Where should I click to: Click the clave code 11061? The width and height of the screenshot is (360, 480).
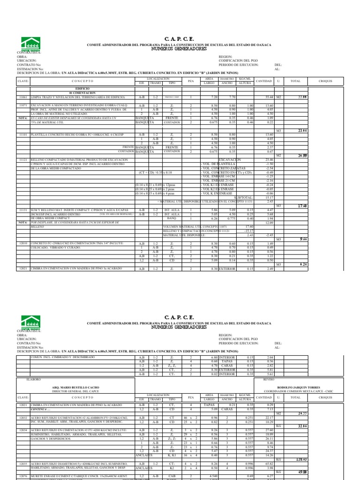pos(23,97)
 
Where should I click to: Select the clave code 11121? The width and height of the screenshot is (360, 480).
pos(23,159)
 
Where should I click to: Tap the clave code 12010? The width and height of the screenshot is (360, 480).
pos(23,244)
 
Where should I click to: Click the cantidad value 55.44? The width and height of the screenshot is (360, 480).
pos(269,97)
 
